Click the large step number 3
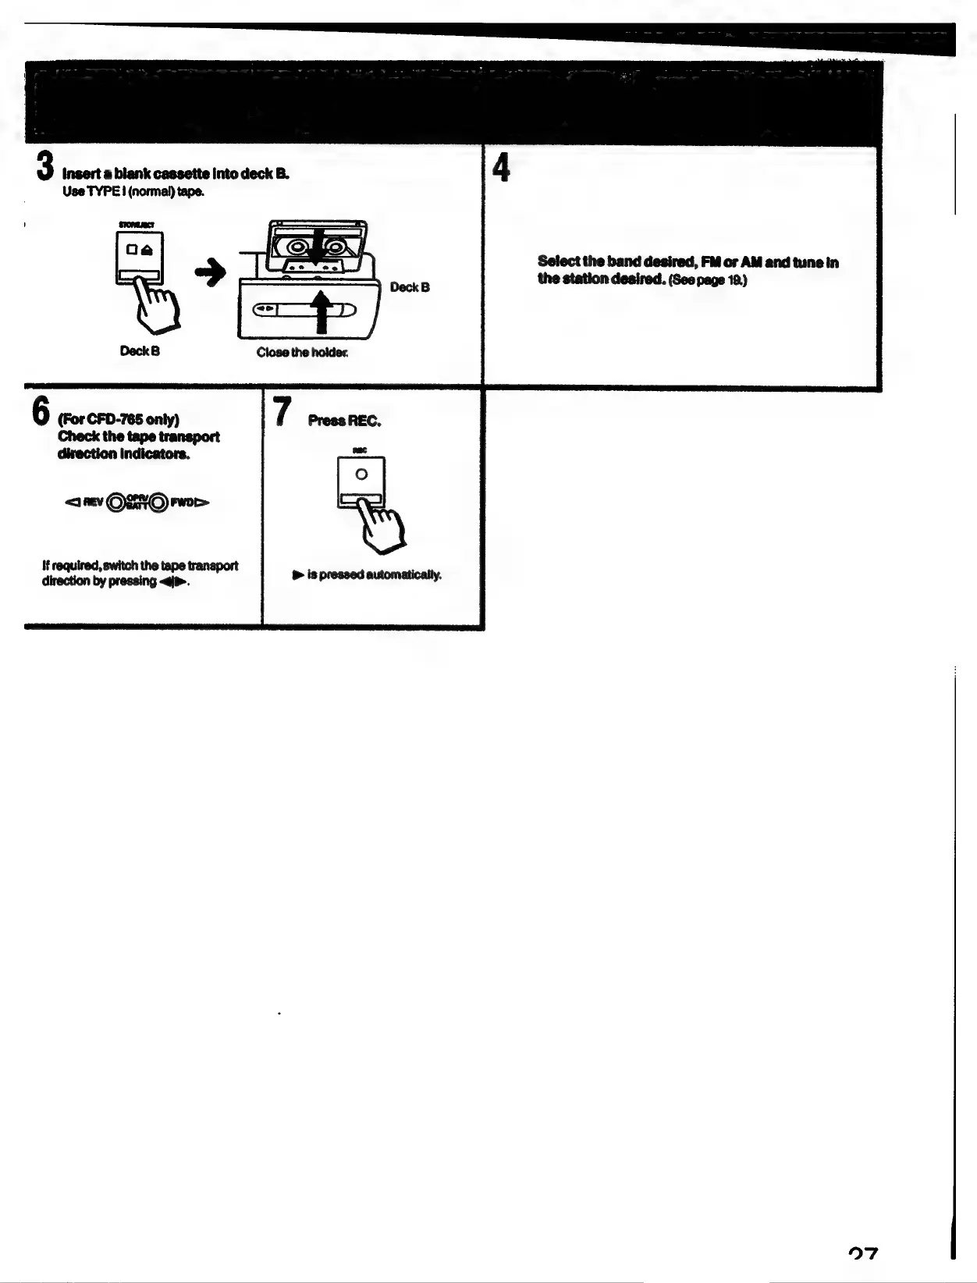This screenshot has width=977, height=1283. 45,166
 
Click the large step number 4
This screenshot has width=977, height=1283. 503,168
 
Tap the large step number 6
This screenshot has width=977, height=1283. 41,411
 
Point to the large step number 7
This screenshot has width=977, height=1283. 282,411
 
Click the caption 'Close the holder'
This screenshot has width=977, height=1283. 302,353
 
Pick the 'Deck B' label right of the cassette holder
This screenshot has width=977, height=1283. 410,287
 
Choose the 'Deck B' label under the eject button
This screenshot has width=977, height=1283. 140,351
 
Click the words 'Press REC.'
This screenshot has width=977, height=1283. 344,421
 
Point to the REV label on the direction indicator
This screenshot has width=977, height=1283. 92,503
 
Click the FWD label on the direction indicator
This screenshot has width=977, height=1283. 182,503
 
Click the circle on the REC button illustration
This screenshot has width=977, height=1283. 361,474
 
